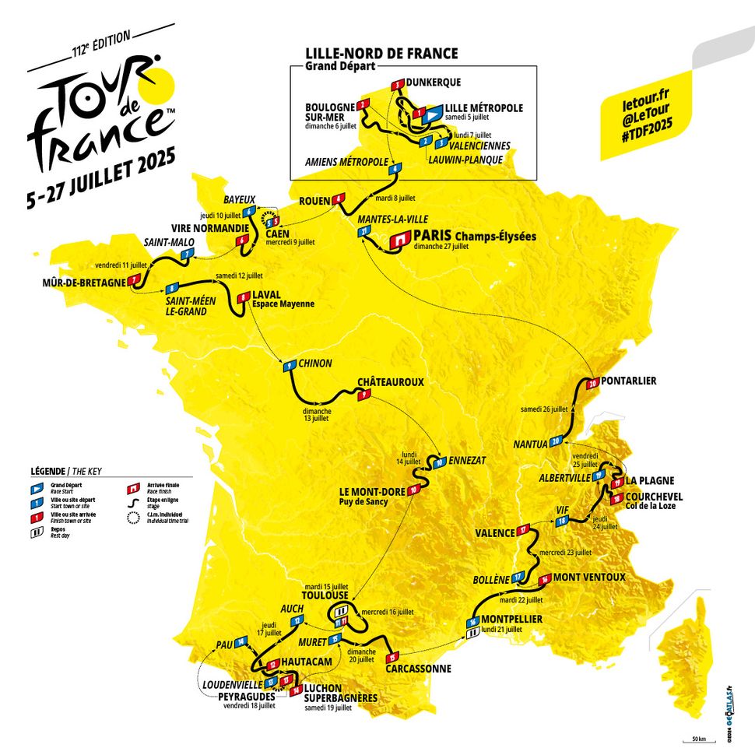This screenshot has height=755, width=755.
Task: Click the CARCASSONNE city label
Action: [419, 668]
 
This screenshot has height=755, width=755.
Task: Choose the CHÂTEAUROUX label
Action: [390, 382]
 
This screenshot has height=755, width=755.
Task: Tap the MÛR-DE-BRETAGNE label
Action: [85, 282]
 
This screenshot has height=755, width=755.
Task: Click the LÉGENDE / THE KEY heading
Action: [66, 472]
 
